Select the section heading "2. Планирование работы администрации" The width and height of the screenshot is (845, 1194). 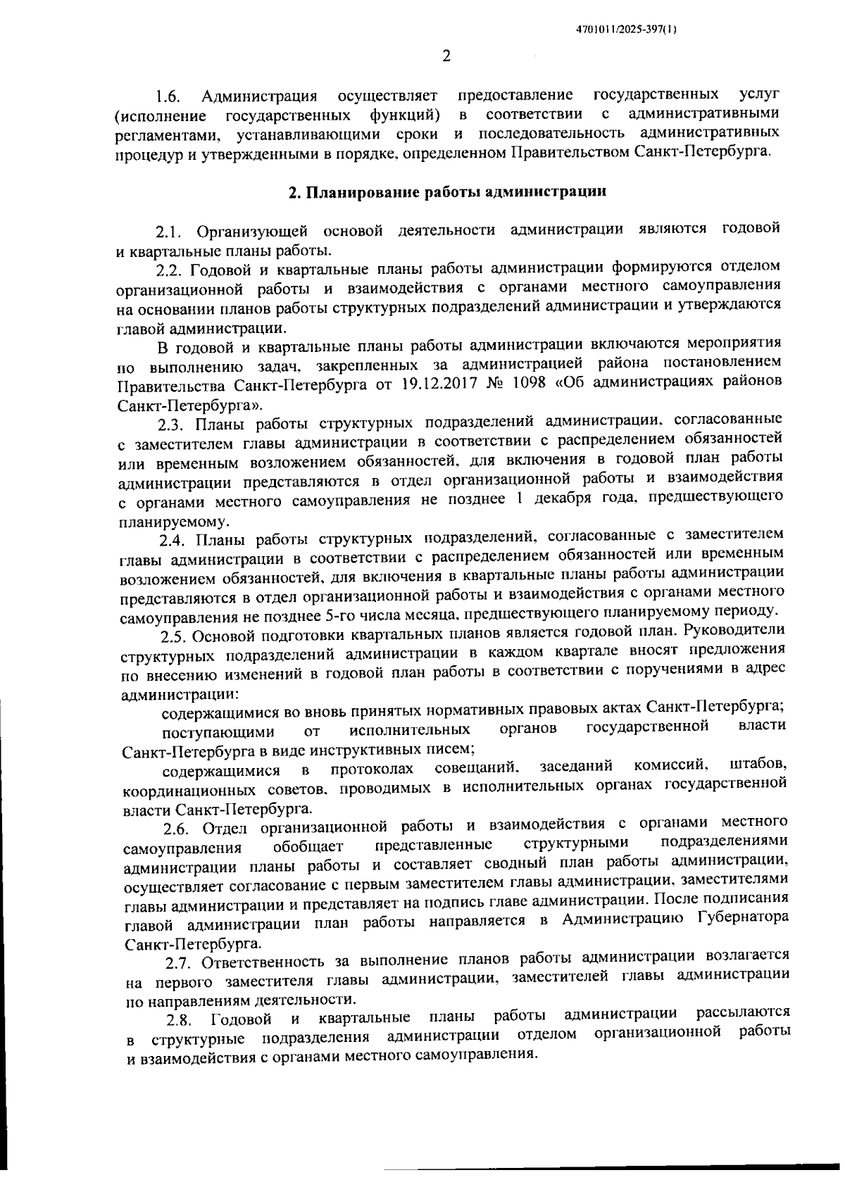point(448,191)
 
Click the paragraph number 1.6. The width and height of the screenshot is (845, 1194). point(170,96)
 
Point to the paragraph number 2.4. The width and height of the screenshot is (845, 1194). point(173,540)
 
